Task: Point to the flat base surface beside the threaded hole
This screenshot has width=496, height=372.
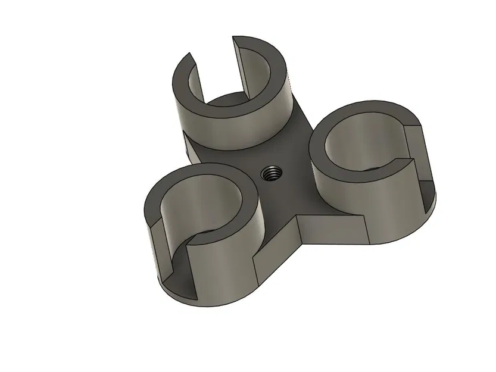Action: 286,190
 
